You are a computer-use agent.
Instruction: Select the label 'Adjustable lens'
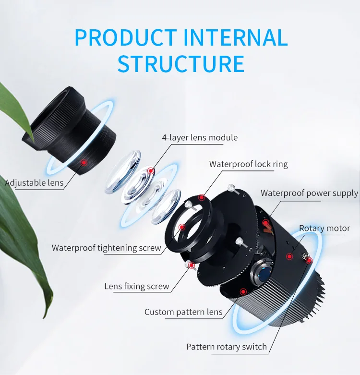[x=34, y=182]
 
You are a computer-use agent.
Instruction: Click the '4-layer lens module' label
[x=200, y=138]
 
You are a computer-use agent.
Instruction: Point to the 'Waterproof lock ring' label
[x=248, y=164]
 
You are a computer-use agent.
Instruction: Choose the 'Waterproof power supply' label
[x=309, y=193]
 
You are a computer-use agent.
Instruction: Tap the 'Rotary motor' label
[x=324, y=228]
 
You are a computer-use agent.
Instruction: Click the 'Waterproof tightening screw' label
[x=107, y=248]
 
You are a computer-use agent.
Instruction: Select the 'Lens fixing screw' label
[x=137, y=287]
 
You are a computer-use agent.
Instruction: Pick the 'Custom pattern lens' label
[x=183, y=312]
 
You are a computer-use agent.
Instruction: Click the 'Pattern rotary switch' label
[x=226, y=347]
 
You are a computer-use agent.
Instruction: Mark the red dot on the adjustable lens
[x=84, y=163]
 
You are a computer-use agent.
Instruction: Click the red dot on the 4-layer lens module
[x=151, y=170]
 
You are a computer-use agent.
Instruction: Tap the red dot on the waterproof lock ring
[x=202, y=197]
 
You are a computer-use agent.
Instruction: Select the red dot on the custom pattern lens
[x=243, y=291]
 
